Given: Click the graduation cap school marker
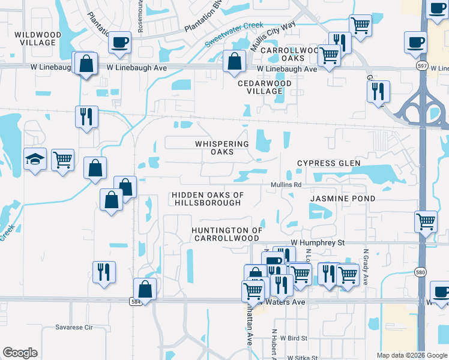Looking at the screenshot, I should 34,160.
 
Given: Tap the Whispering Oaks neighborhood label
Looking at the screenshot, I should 221,148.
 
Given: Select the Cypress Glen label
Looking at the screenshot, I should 329,163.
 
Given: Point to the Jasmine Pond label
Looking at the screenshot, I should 342,199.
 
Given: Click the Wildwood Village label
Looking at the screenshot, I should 38,39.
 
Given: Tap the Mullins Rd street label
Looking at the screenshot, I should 285,185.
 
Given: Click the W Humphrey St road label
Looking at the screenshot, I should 318,242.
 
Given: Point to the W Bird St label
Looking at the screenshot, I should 293,338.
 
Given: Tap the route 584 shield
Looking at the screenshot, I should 137,301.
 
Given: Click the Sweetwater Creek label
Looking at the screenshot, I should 234,35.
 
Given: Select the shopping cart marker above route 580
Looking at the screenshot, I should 426,221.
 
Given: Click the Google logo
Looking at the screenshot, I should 20,353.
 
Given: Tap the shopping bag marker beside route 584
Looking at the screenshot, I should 145,289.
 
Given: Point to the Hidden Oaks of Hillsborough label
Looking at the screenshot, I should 207,199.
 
